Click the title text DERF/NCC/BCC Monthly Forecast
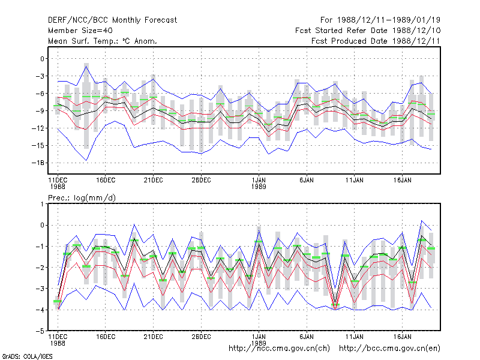click(x=112, y=20)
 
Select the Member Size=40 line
click(x=80, y=31)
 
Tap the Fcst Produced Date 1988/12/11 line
click(x=376, y=41)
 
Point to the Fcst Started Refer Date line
click(x=368, y=31)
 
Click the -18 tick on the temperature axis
click(x=38, y=163)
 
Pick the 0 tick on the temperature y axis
click(x=42, y=59)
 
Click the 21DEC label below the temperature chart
click(x=153, y=181)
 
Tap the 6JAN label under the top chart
click(x=307, y=181)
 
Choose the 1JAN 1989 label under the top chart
click(x=259, y=184)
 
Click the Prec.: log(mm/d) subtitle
click(x=82, y=198)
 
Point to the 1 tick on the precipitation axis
click(x=42, y=204)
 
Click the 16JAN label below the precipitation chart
click(x=402, y=337)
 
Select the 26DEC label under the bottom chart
click(x=201, y=337)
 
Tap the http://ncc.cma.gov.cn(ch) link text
click(x=279, y=349)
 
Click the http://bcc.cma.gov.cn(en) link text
click(x=389, y=349)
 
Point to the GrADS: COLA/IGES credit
click(x=28, y=356)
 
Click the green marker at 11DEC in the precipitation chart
click(x=58, y=302)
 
